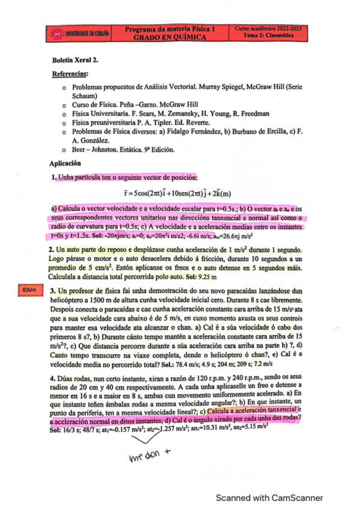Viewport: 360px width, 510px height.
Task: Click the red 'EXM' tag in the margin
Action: click(28, 290)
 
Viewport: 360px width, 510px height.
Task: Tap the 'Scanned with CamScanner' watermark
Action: click(269, 497)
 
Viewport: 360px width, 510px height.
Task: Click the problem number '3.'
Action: click(53, 290)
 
